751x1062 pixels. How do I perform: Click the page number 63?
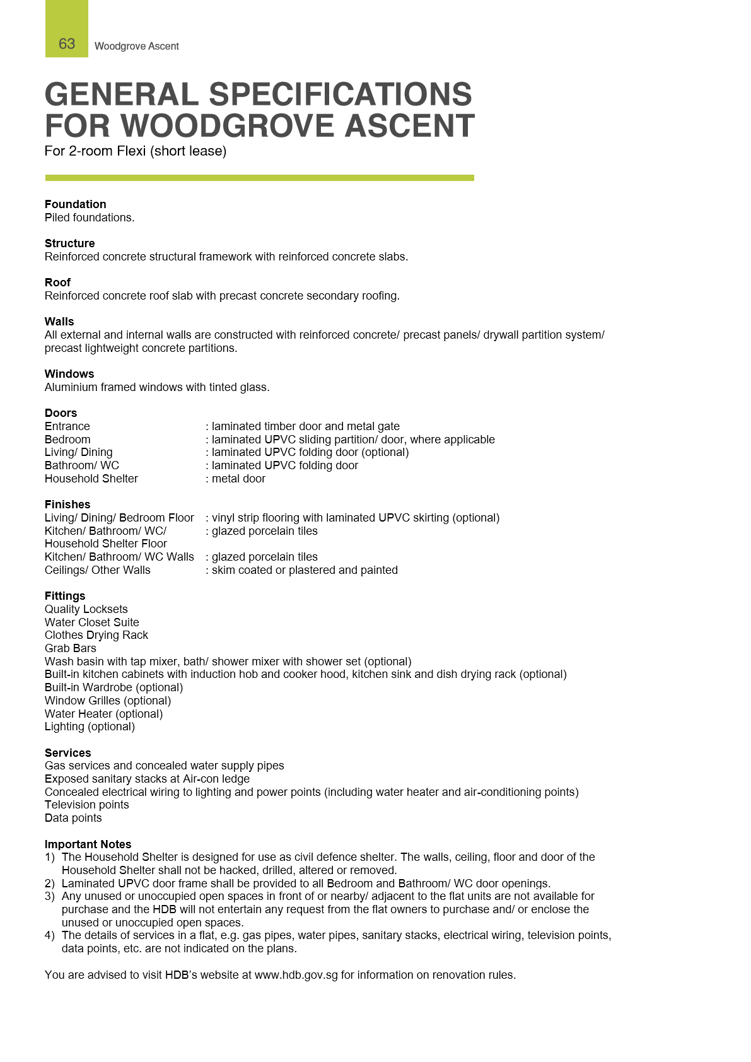pos(67,44)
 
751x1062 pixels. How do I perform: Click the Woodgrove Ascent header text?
pos(136,46)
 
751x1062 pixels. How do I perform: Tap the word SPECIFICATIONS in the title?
pos(340,95)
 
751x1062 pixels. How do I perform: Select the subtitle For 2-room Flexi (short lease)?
pos(136,151)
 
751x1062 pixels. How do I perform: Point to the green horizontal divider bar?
pos(259,178)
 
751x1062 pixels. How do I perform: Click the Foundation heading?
pos(75,204)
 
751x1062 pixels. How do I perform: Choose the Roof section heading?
pos(57,283)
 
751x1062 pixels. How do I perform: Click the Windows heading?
pos(69,374)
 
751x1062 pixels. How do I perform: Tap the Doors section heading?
pos(61,413)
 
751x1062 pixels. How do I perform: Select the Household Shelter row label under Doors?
pos(91,479)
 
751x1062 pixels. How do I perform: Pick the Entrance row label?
pos(67,426)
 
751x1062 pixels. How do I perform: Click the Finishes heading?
pos(67,505)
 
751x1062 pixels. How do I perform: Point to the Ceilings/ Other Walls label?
pos(98,570)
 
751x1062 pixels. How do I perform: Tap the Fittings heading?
pos(65,596)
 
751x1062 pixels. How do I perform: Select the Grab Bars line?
pos(71,648)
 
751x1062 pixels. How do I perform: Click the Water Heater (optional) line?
pos(103,714)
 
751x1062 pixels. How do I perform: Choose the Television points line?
pos(86,805)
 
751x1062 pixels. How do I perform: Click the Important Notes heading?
pos(88,844)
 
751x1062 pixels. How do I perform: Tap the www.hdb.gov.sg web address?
pos(296,975)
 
